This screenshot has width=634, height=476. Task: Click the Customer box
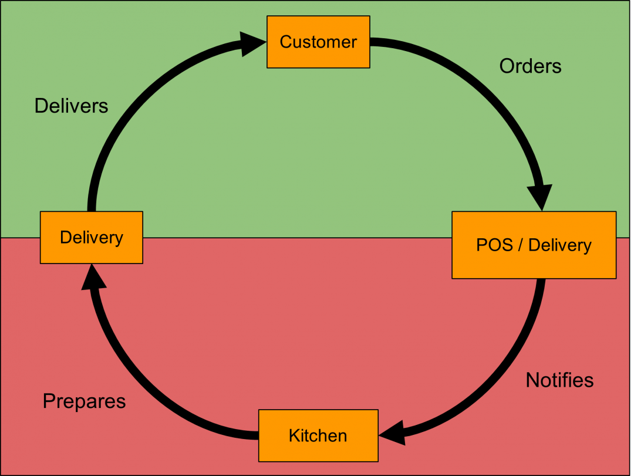[318, 42]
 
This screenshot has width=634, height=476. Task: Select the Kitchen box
[318, 436]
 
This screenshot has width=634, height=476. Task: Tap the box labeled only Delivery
[92, 237]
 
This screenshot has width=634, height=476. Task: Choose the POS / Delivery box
[534, 245]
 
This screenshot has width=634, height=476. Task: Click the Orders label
[530, 66]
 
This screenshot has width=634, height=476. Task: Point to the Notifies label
[559, 380]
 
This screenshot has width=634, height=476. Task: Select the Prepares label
[84, 401]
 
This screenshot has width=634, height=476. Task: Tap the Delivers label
[71, 106]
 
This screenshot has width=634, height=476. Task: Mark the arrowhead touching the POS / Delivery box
[540, 197]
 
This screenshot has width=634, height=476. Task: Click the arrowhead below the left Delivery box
[93, 277]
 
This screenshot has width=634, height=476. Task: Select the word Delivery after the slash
[560, 245]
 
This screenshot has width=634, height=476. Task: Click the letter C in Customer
[286, 42]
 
